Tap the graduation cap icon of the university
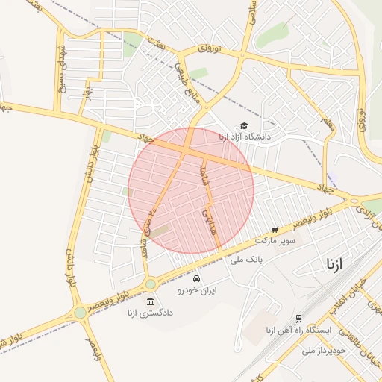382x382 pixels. pos(244,126)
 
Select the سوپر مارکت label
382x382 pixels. pos(275,241)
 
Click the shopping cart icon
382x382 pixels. pos(275,230)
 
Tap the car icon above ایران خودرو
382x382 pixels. pos(196,278)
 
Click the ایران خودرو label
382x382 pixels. pos(196,289)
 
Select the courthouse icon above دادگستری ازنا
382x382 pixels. pos(151,301)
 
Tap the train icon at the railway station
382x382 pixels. pos(298,318)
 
